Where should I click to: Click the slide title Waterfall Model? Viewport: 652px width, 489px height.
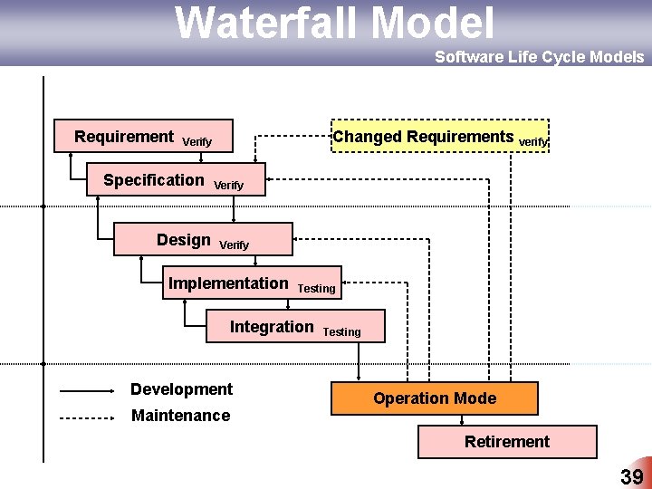pyautogui.click(x=334, y=23)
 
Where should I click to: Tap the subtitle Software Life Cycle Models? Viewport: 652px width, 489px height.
pyautogui.click(x=539, y=57)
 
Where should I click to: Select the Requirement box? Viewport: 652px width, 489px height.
pyautogui.click(x=143, y=136)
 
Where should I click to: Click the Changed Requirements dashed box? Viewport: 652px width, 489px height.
pyautogui.click(x=440, y=137)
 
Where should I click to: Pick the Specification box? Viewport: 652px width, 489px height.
pyautogui.click(x=176, y=180)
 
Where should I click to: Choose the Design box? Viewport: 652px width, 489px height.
pyautogui.click(x=202, y=240)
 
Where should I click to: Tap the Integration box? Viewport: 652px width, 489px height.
pyautogui.click(x=294, y=327)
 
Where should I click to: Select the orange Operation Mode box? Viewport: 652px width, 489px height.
pyautogui.click(x=434, y=398)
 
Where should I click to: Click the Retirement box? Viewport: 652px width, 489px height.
pyautogui.click(x=506, y=442)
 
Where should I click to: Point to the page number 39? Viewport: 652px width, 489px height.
pyautogui.click(x=631, y=477)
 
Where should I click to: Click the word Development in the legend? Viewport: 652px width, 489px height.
pyautogui.click(x=181, y=389)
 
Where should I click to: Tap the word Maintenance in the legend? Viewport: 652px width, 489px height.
pyautogui.click(x=180, y=416)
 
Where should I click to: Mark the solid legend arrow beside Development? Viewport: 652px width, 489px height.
pyautogui.click(x=88, y=392)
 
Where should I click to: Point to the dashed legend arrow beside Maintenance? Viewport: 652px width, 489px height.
pyautogui.click(x=88, y=418)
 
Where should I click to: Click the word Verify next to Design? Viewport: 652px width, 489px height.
pyautogui.click(x=234, y=245)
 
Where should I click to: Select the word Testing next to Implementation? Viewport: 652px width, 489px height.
pyautogui.click(x=316, y=289)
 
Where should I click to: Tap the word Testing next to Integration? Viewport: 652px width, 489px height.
pyautogui.click(x=341, y=332)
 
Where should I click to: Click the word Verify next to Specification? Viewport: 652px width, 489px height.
pyautogui.click(x=228, y=186)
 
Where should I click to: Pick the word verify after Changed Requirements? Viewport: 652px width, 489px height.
pyautogui.click(x=532, y=141)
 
